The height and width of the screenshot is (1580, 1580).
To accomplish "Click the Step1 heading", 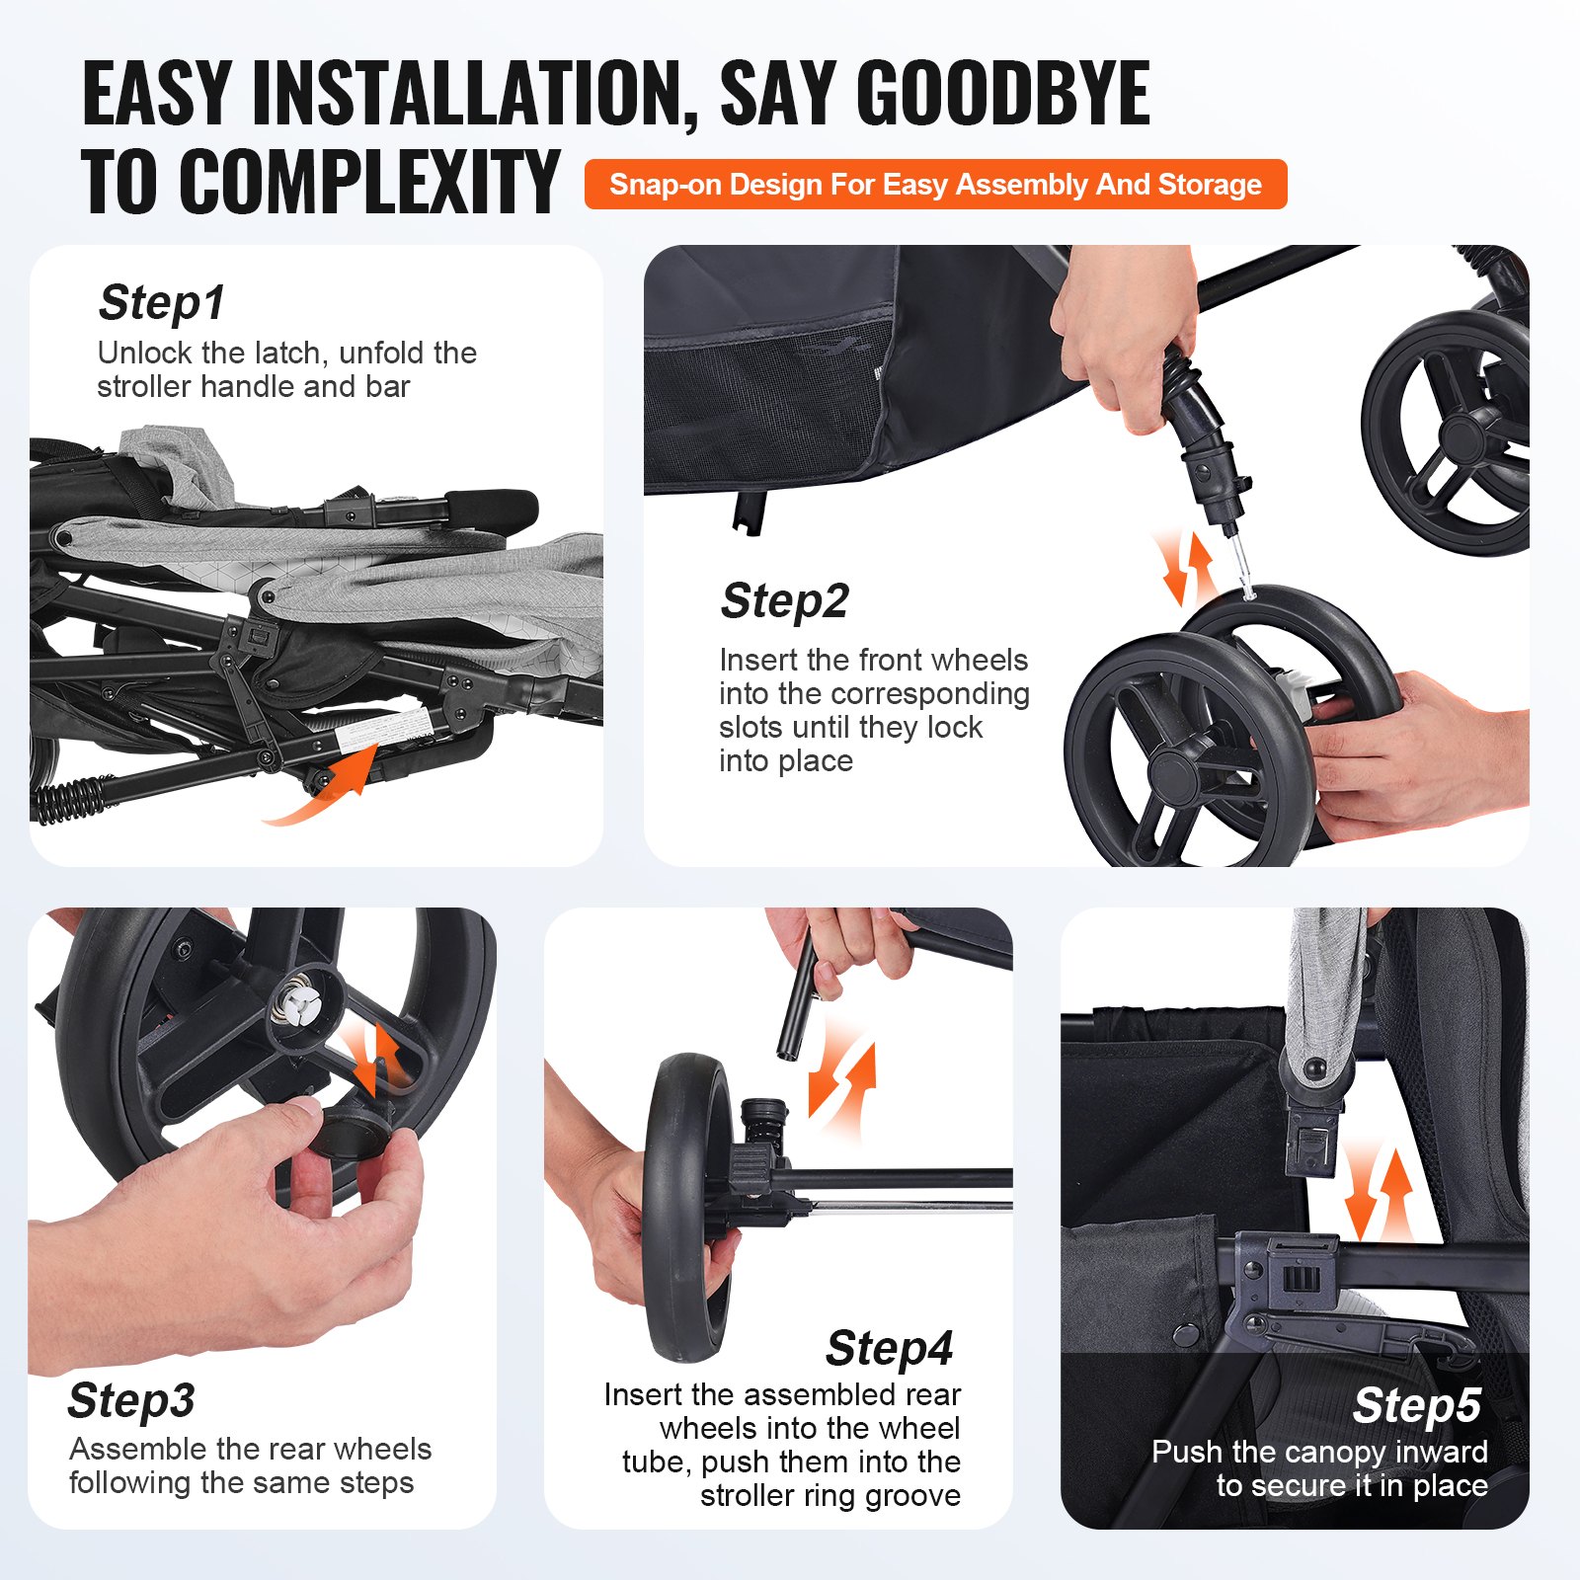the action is point(162,303).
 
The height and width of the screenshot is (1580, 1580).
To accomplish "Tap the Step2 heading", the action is point(785,600).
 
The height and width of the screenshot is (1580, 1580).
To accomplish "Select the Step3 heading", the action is point(131,1400).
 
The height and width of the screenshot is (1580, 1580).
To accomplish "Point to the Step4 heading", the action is point(890,1348).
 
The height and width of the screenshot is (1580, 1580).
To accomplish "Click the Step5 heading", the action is point(1417,1405).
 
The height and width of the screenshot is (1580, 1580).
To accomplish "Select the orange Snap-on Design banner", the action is point(936,185).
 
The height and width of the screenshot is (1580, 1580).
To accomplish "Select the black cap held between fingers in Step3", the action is point(352,1128).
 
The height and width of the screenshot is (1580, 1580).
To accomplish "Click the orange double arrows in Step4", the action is point(842,1079).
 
